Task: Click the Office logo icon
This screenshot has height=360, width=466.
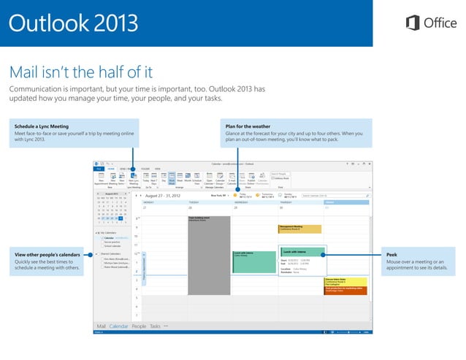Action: pyautogui.click(x=413, y=23)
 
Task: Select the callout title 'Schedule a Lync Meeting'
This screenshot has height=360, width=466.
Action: pyautogui.click(x=42, y=126)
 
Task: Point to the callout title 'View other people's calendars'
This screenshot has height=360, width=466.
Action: pyautogui.click(x=46, y=254)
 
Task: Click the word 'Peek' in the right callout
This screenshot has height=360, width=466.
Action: pyautogui.click(x=393, y=254)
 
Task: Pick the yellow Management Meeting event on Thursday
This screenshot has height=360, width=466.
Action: pyautogui.click(x=299, y=228)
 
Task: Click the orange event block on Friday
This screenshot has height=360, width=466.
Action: pyautogui.click(x=344, y=290)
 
